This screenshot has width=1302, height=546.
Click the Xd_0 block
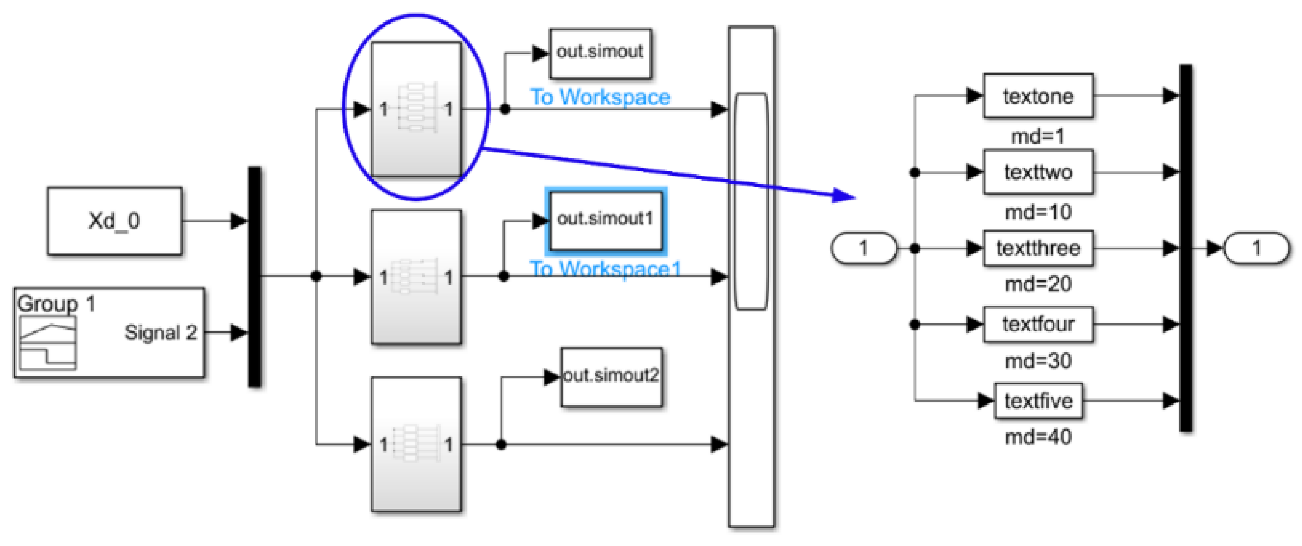point(115,221)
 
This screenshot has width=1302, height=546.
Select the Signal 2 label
point(160,332)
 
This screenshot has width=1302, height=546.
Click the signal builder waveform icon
point(48,343)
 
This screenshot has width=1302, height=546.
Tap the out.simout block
point(600,53)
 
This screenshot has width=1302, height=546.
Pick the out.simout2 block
point(611,377)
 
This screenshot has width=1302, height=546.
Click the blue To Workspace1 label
point(605,268)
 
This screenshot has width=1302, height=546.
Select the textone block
point(1038,96)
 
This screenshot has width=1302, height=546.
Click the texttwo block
point(1038,172)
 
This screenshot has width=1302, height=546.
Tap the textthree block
point(1038,248)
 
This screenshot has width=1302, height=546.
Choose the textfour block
point(1038,324)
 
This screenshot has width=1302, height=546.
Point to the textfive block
point(1038,401)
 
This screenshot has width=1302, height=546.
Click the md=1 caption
point(1038,136)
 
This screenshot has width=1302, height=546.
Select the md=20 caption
point(1038,284)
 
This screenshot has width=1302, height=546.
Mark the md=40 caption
point(1038,437)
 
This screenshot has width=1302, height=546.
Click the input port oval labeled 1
point(863,248)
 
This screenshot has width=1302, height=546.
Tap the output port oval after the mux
point(1256,248)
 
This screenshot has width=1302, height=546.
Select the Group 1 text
point(56,304)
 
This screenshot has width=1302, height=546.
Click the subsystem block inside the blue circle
point(416,109)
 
